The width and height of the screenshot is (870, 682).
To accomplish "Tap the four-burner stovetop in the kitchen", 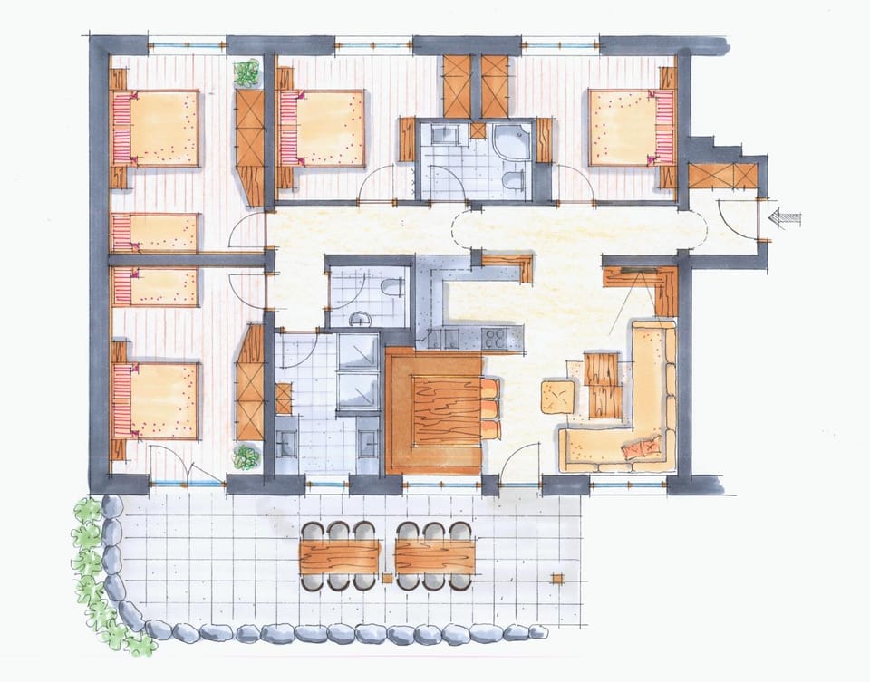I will point(496,338).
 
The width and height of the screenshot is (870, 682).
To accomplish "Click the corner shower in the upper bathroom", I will point(505,143).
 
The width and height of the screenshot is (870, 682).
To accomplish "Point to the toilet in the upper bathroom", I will point(514,181).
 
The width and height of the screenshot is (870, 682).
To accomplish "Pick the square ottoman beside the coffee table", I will point(558,396).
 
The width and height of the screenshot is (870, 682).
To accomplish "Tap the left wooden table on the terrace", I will point(339,556).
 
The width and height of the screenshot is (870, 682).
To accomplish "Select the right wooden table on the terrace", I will point(435,556).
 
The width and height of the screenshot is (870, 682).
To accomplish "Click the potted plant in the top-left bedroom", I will point(246,72).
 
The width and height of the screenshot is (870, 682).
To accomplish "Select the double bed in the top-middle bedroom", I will point(322,127).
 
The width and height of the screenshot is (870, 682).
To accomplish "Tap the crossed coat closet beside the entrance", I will point(722,177).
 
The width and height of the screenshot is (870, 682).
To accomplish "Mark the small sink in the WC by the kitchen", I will point(361,319).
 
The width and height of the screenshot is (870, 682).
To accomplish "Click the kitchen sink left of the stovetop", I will point(449,338).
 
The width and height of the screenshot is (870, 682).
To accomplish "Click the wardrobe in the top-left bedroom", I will point(250,145).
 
